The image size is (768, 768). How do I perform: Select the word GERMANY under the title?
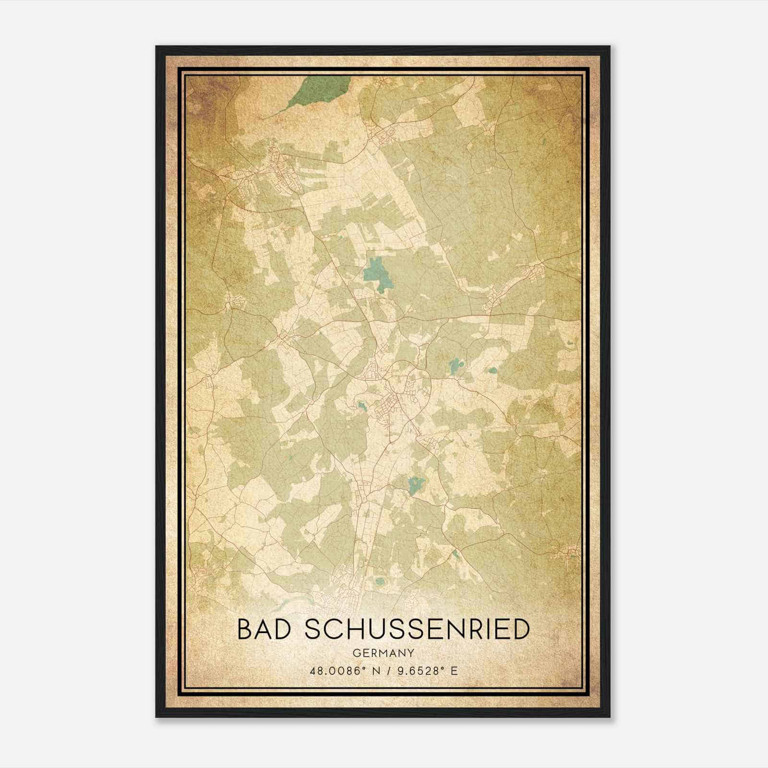[x=384, y=653]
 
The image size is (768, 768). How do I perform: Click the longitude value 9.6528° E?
[x=425, y=671]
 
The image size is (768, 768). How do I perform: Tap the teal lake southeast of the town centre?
[x=415, y=485]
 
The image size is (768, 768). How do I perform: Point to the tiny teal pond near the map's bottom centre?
[x=380, y=582]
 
